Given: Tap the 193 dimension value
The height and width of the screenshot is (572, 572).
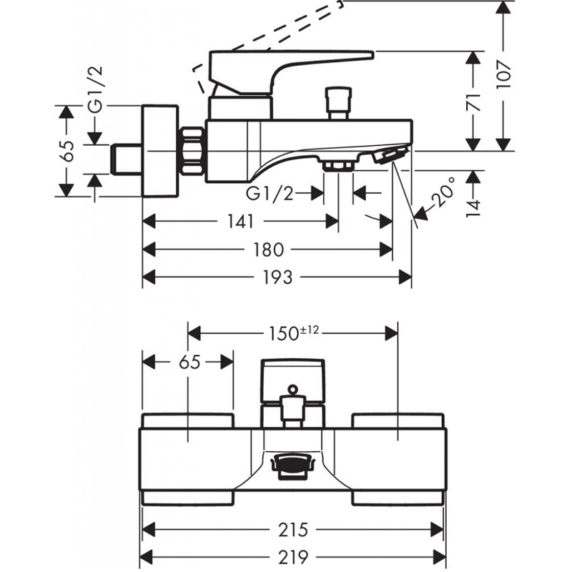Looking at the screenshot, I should [x=277, y=277].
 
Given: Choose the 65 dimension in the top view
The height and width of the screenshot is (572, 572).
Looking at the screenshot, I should [x=189, y=362].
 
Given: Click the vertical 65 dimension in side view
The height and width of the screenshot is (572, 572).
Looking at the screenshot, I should [x=66, y=152].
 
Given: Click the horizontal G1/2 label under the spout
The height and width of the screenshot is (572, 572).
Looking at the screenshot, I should [x=267, y=193].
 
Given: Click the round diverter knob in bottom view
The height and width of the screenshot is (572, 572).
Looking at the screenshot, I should [x=291, y=390].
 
